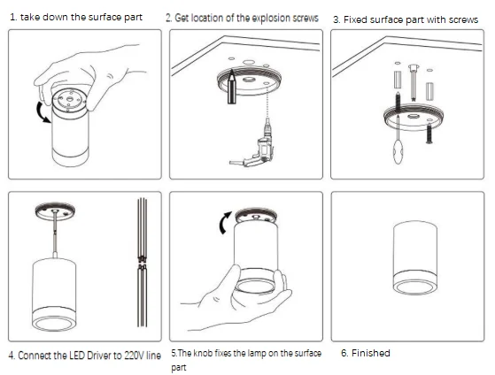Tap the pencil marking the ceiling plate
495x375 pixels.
(232, 87)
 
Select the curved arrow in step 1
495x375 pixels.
(43, 112)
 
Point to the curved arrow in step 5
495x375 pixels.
(224, 222)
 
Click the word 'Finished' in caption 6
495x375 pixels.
(371, 353)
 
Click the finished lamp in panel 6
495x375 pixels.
(415, 257)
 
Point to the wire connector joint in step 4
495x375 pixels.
(142, 263)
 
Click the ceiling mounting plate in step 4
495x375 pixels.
(55, 210)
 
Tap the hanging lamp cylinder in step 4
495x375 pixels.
(54, 294)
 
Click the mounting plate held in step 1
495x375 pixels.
(69, 101)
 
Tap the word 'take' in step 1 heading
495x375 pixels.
(30, 17)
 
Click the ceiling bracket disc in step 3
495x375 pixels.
(414, 118)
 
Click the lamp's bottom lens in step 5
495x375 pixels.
(255, 287)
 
